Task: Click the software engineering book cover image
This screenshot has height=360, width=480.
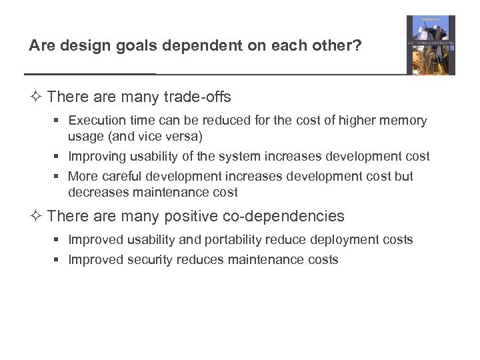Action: [431, 45]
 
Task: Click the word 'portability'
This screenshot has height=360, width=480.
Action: [234, 240]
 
